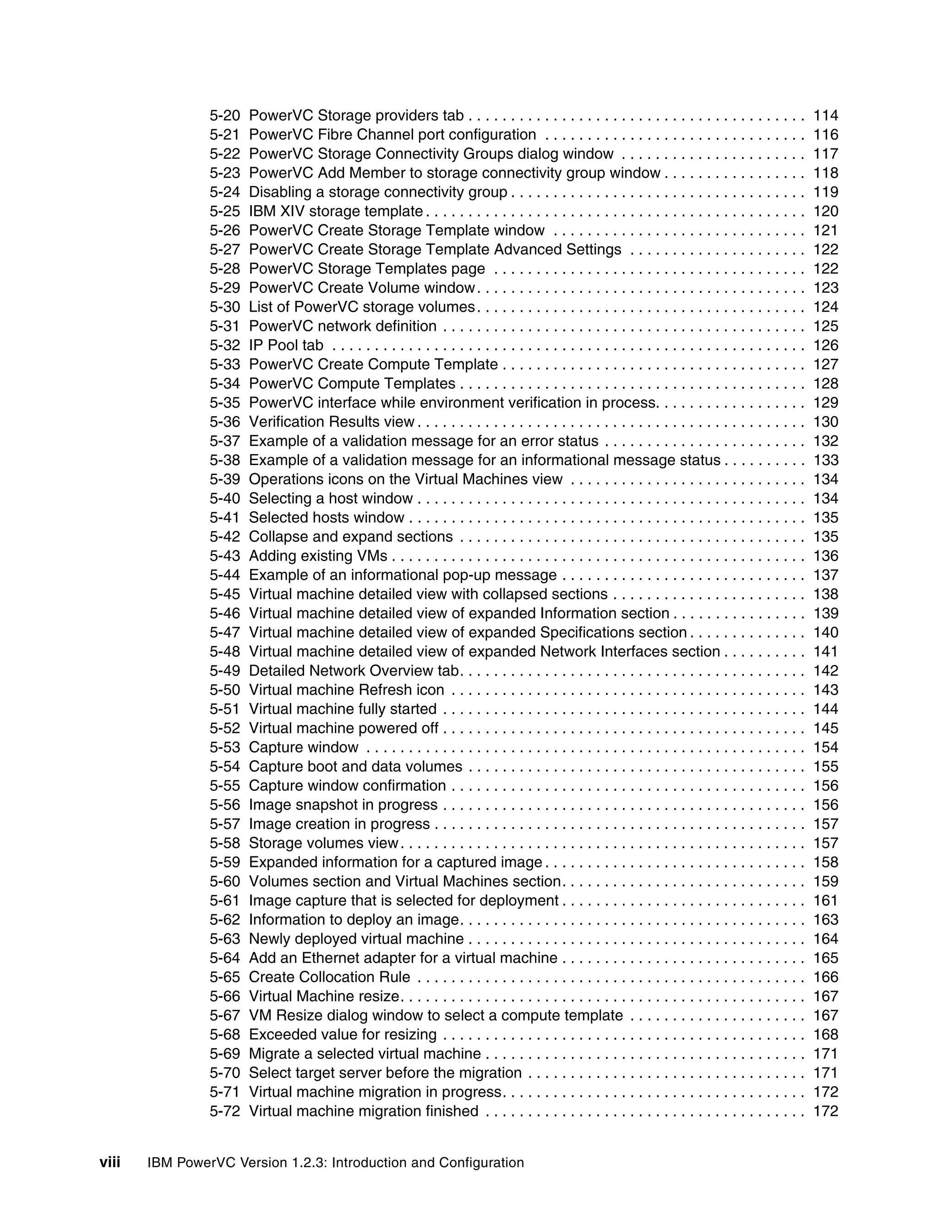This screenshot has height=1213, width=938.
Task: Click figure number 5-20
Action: pos(224,115)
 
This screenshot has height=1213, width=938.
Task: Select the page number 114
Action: pos(825,115)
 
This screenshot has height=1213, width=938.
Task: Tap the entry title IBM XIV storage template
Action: pos(336,211)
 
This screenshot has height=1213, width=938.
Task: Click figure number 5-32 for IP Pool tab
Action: pos(224,346)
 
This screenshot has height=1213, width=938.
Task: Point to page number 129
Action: pos(825,403)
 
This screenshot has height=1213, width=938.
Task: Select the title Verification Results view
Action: pos(331,422)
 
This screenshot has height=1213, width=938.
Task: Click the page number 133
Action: pos(825,460)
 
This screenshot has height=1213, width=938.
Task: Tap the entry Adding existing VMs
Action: pos(318,556)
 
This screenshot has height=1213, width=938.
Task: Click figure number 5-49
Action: pos(224,671)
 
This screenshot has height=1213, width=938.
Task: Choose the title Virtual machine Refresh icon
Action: pos(346,690)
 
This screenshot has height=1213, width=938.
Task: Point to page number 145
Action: pos(825,728)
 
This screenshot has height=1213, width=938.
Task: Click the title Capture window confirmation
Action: pos(347,785)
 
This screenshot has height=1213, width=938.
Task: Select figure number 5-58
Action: pos(224,843)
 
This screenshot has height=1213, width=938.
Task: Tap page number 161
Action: pos(825,900)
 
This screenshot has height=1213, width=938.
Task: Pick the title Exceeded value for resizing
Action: pos(342,1035)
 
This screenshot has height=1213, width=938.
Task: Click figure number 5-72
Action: pos(224,1111)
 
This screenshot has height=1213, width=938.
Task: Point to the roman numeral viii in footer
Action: pos(110,1163)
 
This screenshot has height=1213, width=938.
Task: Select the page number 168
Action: pos(825,1035)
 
